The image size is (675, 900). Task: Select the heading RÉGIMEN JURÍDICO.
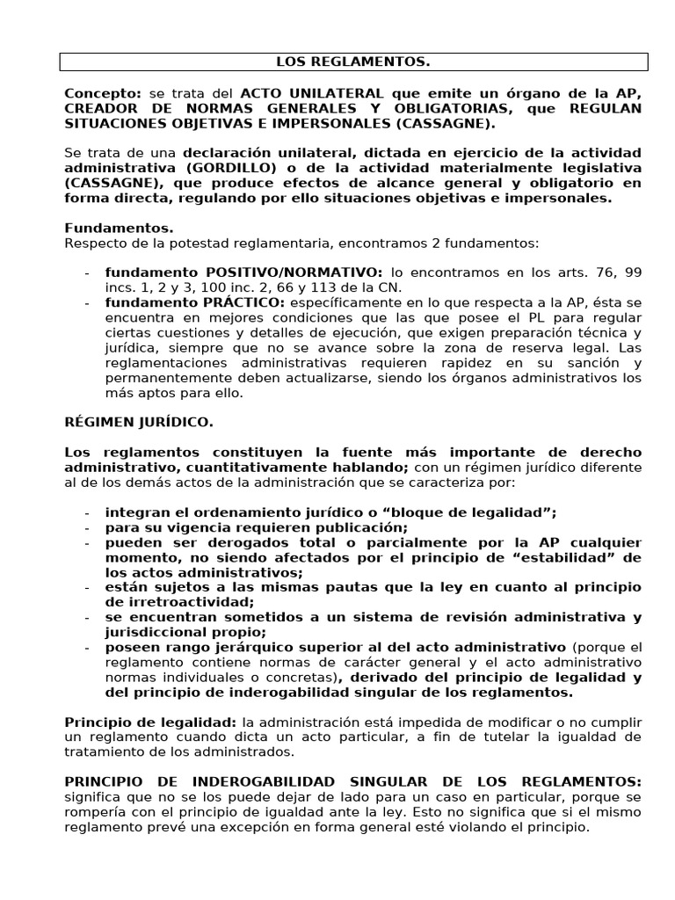tap(138, 423)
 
